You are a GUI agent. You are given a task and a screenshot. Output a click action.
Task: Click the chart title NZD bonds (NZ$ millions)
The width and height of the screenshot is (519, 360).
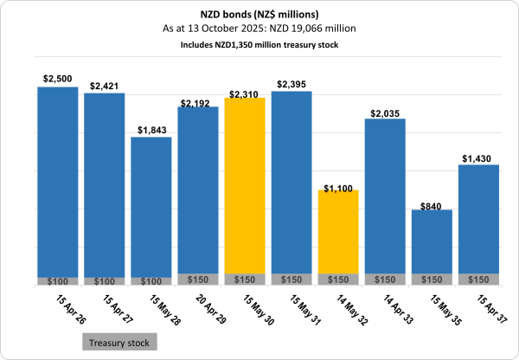pyautogui.click(x=259, y=15)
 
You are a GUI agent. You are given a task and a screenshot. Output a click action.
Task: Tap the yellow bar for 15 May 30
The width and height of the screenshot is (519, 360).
pyautogui.click(x=245, y=186)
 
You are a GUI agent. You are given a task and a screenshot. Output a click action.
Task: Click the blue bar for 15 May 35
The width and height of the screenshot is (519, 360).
pyautogui.click(x=432, y=241)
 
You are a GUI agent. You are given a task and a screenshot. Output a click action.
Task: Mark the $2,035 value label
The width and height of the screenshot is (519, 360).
pyautogui.click(x=385, y=112)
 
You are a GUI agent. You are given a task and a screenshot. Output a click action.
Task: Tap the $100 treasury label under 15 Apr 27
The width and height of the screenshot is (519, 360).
pyautogui.click(x=105, y=281)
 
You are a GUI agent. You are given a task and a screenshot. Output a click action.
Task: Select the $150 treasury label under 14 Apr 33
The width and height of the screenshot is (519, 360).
pyautogui.click(x=385, y=280)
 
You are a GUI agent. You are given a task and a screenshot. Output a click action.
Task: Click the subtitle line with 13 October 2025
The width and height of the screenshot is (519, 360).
pyautogui.click(x=259, y=29)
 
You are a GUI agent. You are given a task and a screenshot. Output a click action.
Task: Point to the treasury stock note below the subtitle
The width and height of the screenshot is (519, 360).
pyautogui.click(x=259, y=43)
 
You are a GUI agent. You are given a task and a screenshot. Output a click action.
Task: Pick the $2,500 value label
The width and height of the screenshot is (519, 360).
pyautogui.click(x=57, y=79)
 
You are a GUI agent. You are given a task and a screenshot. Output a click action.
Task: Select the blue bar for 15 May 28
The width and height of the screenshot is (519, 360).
pyautogui.click(x=151, y=208)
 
